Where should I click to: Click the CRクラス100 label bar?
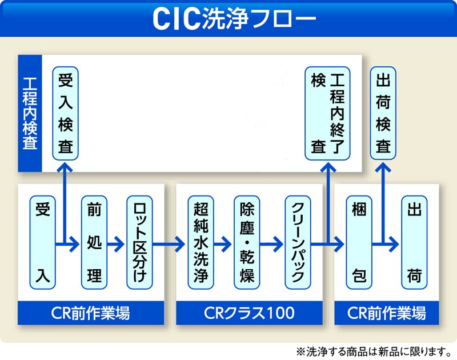tap(249, 313)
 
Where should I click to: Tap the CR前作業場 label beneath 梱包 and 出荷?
tap(387, 313)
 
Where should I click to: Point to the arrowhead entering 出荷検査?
tap(383, 167)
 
